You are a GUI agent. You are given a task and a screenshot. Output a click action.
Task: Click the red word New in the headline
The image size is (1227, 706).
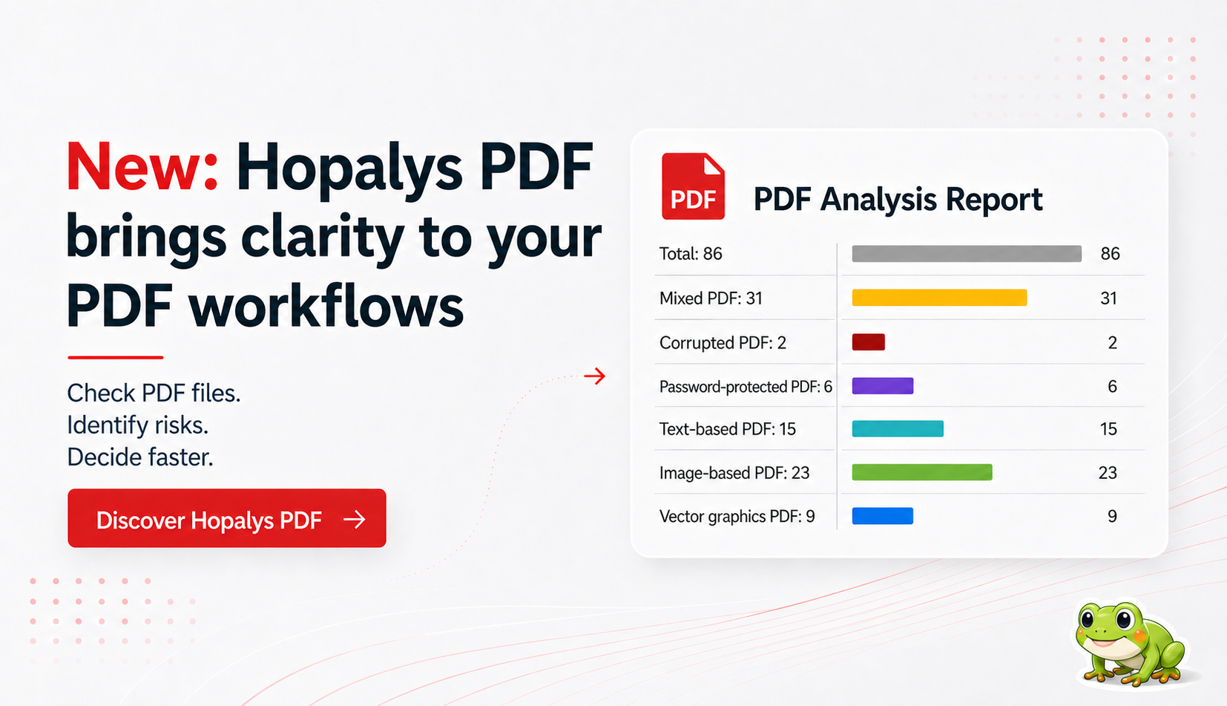(141, 167)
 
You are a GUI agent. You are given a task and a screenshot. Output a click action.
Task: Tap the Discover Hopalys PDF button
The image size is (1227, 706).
(226, 518)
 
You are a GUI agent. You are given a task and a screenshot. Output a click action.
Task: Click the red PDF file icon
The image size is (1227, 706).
(693, 186)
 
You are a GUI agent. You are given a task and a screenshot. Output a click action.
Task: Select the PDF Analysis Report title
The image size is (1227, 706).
(898, 200)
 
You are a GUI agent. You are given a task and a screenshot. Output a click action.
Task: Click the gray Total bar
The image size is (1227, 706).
(966, 254)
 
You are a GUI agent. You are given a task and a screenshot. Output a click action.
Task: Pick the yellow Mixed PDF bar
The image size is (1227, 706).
(939, 298)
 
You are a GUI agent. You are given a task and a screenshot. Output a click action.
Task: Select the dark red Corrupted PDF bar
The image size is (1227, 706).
(868, 342)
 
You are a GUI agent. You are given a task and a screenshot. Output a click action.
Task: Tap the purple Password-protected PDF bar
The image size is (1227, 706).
(882, 386)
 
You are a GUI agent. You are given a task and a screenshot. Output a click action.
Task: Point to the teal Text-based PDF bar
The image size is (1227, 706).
(898, 429)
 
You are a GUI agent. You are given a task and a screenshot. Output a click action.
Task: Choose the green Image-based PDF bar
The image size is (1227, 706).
(921, 472)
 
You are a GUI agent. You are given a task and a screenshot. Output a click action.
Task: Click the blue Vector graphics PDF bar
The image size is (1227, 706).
(882, 516)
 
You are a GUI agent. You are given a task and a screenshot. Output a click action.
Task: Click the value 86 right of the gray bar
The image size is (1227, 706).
(1110, 254)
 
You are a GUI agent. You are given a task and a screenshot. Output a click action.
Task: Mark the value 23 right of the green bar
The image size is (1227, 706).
(1108, 473)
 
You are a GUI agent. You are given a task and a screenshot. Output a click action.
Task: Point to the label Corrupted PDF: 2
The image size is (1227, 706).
(723, 343)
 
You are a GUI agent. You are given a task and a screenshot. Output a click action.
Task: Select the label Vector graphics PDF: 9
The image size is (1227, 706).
(737, 517)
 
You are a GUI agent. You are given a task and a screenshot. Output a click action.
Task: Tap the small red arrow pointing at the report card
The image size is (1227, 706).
(594, 376)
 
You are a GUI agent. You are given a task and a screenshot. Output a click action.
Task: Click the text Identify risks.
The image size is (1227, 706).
(137, 425)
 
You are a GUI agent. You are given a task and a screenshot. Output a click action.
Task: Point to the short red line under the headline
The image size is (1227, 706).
(115, 357)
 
